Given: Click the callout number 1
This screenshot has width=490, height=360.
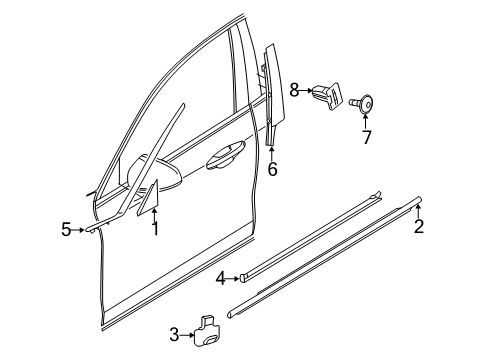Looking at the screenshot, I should (154, 229).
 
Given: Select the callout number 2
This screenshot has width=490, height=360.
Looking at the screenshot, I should (419, 227).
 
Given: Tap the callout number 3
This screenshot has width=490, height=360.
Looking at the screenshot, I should (174, 334).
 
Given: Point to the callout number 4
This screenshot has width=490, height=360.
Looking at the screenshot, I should (219, 278).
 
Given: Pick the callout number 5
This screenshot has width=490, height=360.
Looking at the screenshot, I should (66, 230).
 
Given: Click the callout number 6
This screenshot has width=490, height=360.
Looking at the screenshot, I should (272, 169).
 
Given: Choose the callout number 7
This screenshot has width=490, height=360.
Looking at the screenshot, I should (367, 137).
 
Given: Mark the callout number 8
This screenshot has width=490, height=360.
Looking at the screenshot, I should (295, 90).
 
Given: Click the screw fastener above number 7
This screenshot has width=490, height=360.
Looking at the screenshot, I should (366, 103).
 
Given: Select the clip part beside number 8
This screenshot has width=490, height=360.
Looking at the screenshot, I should (325, 94).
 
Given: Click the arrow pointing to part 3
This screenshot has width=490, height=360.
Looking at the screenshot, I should (187, 334).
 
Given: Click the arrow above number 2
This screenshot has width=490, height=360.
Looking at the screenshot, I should (418, 210).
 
